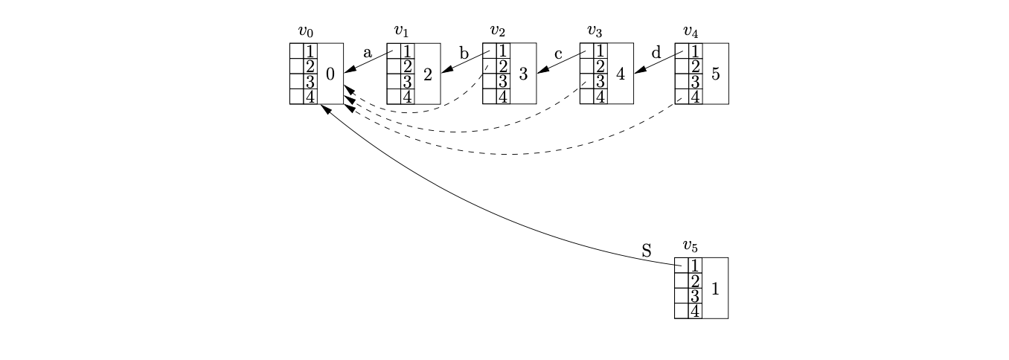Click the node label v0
(x=305, y=31)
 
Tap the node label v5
(x=691, y=245)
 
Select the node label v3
(x=594, y=31)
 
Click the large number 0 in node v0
(x=330, y=74)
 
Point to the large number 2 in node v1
(x=427, y=74)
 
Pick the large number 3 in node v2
(x=523, y=74)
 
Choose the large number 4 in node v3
(x=620, y=74)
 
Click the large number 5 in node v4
(x=716, y=74)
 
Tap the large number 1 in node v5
(x=715, y=289)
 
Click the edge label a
(x=368, y=53)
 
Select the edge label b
(x=464, y=53)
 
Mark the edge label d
(x=656, y=53)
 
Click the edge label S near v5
(x=646, y=251)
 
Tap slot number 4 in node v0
(x=310, y=97)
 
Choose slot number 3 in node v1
(x=407, y=82)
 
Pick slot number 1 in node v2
(x=503, y=51)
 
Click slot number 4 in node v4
(x=695, y=97)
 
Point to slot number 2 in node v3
(x=600, y=66)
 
